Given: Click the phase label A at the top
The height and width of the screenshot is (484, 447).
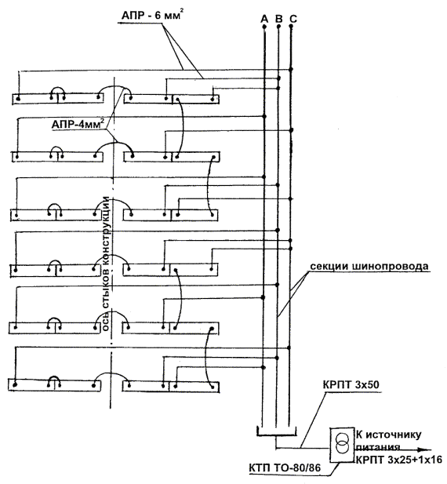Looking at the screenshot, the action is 264,19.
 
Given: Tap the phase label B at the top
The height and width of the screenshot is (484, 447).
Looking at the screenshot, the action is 278,19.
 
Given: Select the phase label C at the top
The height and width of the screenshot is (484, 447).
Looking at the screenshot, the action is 293,19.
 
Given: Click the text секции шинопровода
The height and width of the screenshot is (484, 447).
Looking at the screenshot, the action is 369,266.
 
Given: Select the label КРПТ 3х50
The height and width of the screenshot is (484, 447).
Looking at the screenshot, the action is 351,385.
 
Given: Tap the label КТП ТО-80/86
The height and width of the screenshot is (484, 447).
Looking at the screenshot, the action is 285,468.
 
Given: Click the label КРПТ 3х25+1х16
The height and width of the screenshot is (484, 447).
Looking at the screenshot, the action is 399,460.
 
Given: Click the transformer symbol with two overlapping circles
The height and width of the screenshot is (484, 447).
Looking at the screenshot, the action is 342,443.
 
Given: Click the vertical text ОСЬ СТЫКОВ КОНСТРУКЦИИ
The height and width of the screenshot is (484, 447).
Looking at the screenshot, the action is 107,264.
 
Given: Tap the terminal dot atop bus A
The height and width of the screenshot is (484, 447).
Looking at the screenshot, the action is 264,27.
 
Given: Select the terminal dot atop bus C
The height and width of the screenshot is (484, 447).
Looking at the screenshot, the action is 291,27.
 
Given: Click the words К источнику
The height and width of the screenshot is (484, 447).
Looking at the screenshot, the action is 388,435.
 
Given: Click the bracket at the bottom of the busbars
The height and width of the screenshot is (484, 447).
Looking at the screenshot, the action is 276,435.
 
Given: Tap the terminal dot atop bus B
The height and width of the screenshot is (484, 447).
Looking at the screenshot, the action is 278,27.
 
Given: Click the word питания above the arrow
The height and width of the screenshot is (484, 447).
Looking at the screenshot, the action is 378,446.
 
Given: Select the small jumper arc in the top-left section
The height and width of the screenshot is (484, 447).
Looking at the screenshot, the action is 58,87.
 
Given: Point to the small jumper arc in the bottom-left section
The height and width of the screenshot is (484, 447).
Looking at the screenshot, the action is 54,377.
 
